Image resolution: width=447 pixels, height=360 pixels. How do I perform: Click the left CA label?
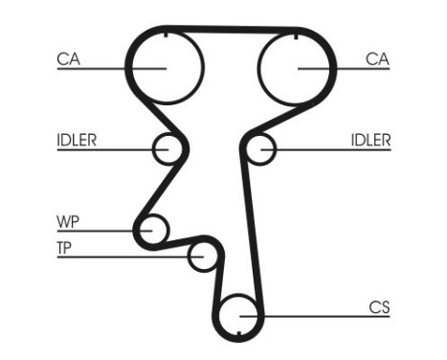coord(67,59)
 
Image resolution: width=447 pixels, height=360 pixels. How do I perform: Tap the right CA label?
coord(377,59)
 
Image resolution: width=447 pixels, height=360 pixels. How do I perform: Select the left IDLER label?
coord(76,140)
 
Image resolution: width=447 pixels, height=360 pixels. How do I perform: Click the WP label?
coord(67,222)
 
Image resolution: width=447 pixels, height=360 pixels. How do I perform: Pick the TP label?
coord(65,249)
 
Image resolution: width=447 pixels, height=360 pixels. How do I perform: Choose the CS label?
coord(379,307)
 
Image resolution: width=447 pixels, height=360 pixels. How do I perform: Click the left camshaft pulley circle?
coord(167,66)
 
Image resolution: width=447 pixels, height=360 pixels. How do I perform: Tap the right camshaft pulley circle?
coord(297,66)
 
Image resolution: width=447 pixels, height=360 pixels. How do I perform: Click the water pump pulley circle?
coord(151,230)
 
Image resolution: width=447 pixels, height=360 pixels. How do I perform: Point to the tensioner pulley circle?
coord(202,256)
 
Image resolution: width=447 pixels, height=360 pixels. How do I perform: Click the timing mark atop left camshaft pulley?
coord(167,35)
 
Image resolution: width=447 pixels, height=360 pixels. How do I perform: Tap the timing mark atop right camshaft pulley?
coord(297,35)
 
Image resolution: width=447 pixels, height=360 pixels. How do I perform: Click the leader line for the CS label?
coord(316,315)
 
